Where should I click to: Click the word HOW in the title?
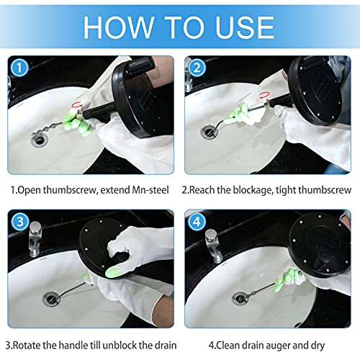(118, 27)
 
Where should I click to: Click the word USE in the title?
(245, 27)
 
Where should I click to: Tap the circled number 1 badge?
(19, 68)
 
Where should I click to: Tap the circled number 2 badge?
(197, 68)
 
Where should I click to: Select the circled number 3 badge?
(19, 221)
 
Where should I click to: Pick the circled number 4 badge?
(197, 221)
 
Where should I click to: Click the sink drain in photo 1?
(40, 139)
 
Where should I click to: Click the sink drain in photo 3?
(51, 298)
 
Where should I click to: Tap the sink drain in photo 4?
(240, 298)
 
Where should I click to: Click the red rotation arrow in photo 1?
(78, 104)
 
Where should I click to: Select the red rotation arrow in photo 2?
(264, 95)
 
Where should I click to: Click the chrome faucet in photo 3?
(35, 239)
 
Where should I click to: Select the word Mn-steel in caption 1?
(150, 190)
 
